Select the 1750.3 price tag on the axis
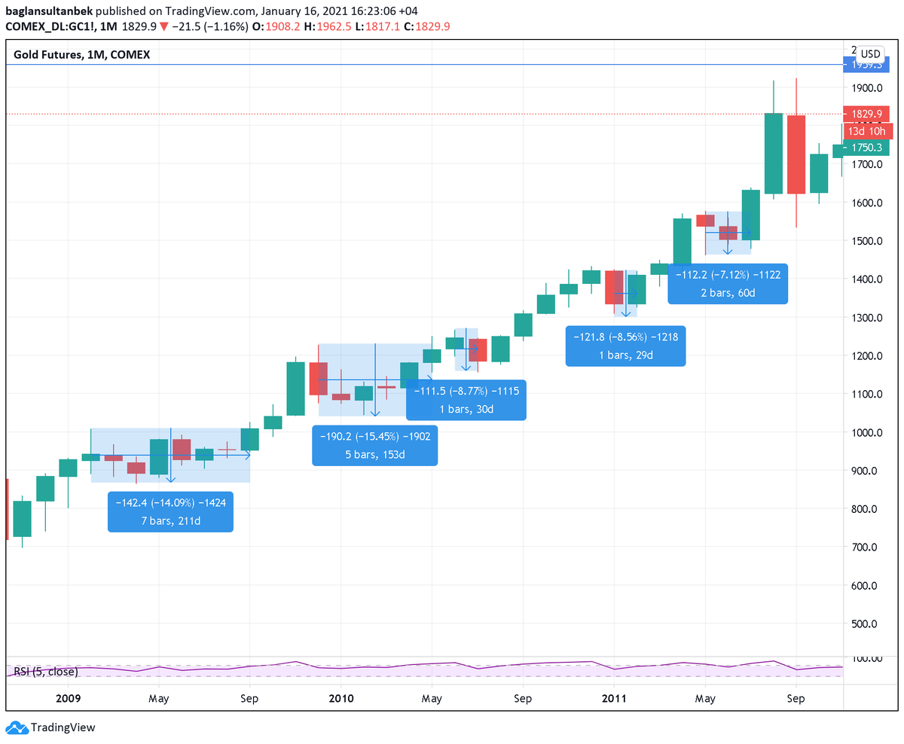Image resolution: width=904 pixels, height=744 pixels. click(866, 148)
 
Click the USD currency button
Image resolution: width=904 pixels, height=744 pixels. click(871, 53)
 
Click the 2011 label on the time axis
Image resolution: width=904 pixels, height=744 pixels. click(614, 698)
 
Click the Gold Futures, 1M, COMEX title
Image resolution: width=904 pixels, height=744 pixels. click(82, 54)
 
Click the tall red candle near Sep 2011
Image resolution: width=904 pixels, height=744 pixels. click(796, 154)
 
